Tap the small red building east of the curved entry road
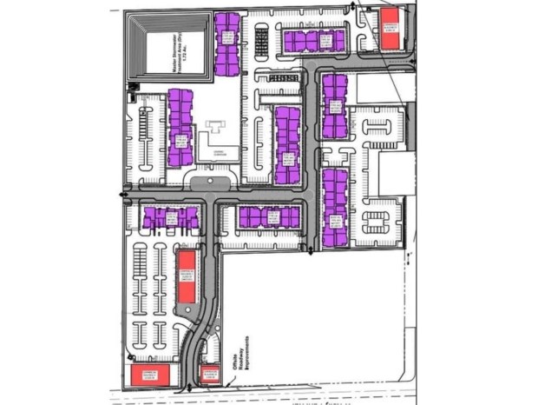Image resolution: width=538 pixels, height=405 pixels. pyautogui.click(x=208, y=375)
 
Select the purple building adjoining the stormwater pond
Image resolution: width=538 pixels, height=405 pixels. pyautogui.click(x=227, y=41)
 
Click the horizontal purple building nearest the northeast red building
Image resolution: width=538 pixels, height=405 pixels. pyautogui.click(x=313, y=40)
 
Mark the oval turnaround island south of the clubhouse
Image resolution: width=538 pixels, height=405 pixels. pyautogui.click(x=210, y=182)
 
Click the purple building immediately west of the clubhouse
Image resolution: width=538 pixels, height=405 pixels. pyautogui.click(x=180, y=128)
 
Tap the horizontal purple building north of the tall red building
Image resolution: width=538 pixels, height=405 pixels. pyautogui.click(x=170, y=217)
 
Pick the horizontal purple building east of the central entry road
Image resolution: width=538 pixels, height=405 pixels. pyautogui.click(x=270, y=217)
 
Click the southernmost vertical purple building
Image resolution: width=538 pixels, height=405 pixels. pyautogui.click(x=334, y=207)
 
